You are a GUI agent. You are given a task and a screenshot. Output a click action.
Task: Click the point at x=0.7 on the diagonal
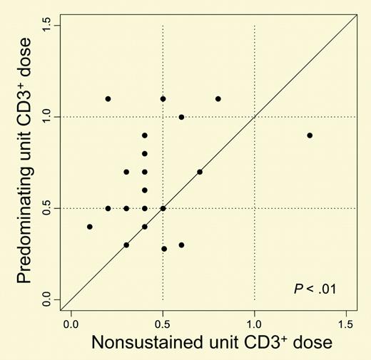click(x=200, y=172)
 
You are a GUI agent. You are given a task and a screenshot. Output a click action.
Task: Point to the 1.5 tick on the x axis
click(x=346, y=312)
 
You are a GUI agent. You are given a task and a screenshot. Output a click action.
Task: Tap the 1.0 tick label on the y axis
click(x=48, y=116)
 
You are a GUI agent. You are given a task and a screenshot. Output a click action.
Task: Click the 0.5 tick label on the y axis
click(x=48, y=208)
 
